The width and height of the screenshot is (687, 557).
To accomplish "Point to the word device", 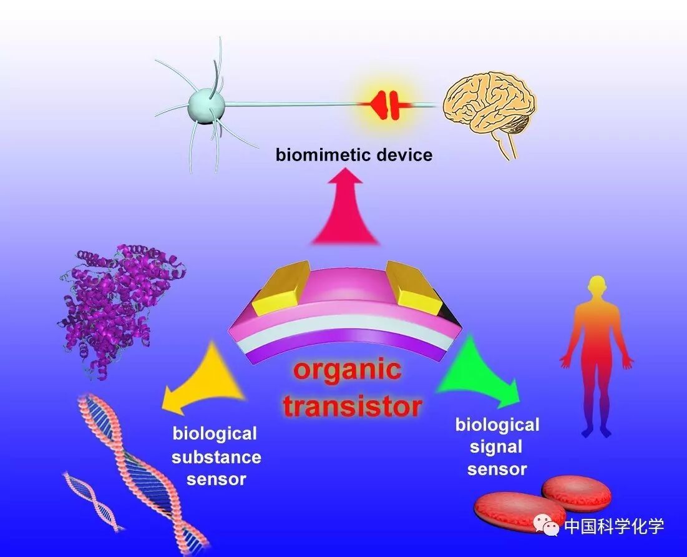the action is (405, 154).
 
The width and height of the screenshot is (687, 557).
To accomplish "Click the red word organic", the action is (348, 371).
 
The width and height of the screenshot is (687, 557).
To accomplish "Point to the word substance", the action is (217, 456).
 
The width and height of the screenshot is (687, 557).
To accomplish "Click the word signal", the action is (497, 447).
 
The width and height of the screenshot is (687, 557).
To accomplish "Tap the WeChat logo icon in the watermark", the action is (550, 526).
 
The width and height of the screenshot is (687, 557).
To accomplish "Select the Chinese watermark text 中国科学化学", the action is (614, 526).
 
